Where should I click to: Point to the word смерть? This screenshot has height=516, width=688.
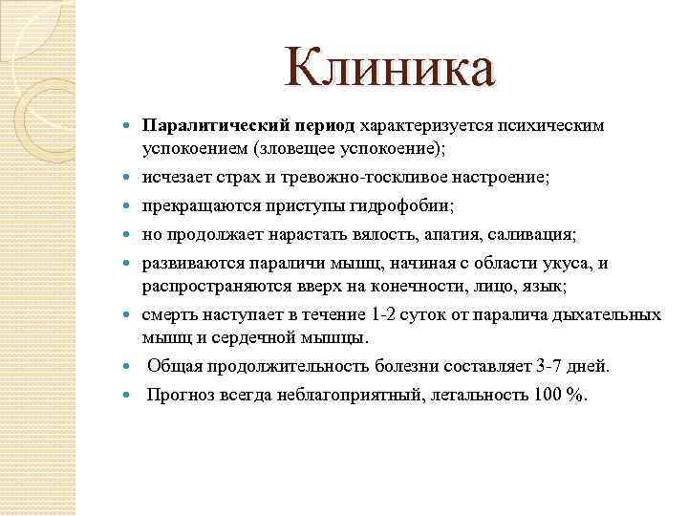coord(172,314)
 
